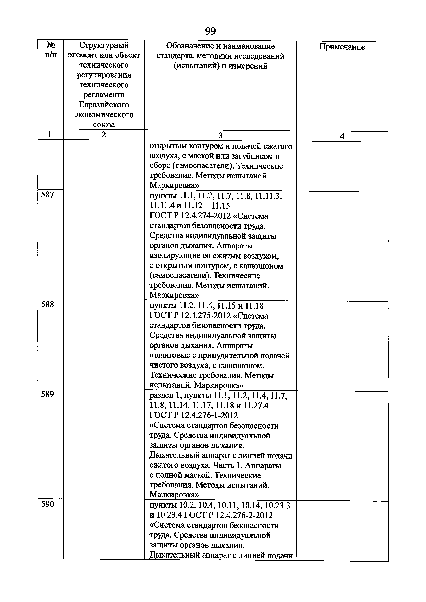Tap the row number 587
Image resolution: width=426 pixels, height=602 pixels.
48,195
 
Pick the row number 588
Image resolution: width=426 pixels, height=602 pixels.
48,304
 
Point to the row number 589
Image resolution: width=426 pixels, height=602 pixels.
48,394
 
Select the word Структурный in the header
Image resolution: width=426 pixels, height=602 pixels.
104,45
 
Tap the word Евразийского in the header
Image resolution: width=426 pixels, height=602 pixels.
104,105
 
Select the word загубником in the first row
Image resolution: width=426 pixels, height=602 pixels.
253,156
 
